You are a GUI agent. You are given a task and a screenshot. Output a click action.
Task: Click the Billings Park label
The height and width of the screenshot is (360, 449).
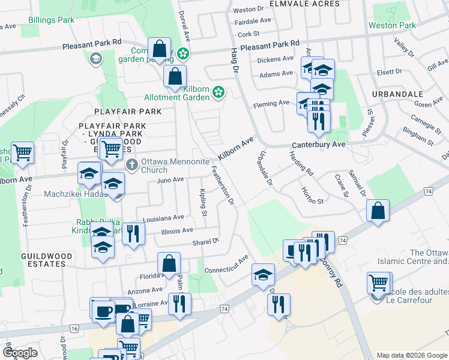(x=51, y=20)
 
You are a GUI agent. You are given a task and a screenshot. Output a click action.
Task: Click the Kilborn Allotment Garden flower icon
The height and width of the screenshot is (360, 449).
(x=219, y=91)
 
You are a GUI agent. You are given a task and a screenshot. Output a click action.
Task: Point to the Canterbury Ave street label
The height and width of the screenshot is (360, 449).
(x=319, y=145)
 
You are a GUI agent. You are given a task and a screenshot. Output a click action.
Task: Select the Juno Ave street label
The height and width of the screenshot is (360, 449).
(x=170, y=180)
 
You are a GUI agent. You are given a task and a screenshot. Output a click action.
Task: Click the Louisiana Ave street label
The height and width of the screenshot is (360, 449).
(x=163, y=218)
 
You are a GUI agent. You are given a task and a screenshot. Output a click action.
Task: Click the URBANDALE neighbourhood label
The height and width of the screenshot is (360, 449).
(x=393, y=95)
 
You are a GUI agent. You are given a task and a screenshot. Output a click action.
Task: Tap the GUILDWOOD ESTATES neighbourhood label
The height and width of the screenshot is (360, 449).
(x=46, y=261)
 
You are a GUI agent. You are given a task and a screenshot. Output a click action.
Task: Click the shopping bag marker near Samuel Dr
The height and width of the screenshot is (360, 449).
(x=378, y=211)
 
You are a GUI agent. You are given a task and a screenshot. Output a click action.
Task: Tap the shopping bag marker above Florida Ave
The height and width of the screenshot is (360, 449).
(x=169, y=263)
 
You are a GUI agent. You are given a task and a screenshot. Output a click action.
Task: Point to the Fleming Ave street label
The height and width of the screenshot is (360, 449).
(x=271, y=103)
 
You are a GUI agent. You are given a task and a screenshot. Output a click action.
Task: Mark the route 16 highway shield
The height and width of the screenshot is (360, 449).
(x=74, y=329)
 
